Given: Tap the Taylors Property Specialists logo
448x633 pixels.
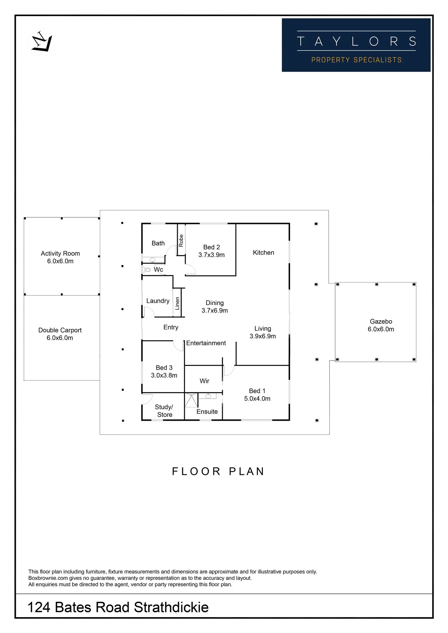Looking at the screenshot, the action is (356, 45).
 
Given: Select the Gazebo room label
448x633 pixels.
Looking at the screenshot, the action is (381, 321).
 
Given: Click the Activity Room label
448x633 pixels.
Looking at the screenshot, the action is (60, 254).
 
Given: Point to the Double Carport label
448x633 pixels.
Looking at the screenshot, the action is (60, 330).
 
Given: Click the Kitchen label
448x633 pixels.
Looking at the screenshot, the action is (263, 253).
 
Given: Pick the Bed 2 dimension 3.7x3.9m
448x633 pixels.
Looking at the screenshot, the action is (212, 255).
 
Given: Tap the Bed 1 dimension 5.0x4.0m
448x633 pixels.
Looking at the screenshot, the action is (257, 399).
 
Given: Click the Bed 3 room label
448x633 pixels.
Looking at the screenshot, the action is (164, 368).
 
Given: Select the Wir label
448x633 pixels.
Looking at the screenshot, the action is (205, 381).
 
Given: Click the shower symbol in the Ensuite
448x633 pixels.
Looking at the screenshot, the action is (191, 400).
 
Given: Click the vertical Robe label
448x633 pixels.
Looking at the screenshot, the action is (181, 240).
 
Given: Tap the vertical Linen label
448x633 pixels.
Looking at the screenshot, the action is (177, 303).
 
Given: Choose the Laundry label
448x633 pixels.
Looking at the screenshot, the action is (158, 301).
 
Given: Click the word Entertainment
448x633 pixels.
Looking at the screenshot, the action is (206, 343).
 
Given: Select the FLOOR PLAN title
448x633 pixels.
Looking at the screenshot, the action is (218, 471).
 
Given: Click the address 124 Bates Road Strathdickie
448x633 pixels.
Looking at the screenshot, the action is (118, 607).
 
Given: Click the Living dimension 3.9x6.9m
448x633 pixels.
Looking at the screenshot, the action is (263, 336).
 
